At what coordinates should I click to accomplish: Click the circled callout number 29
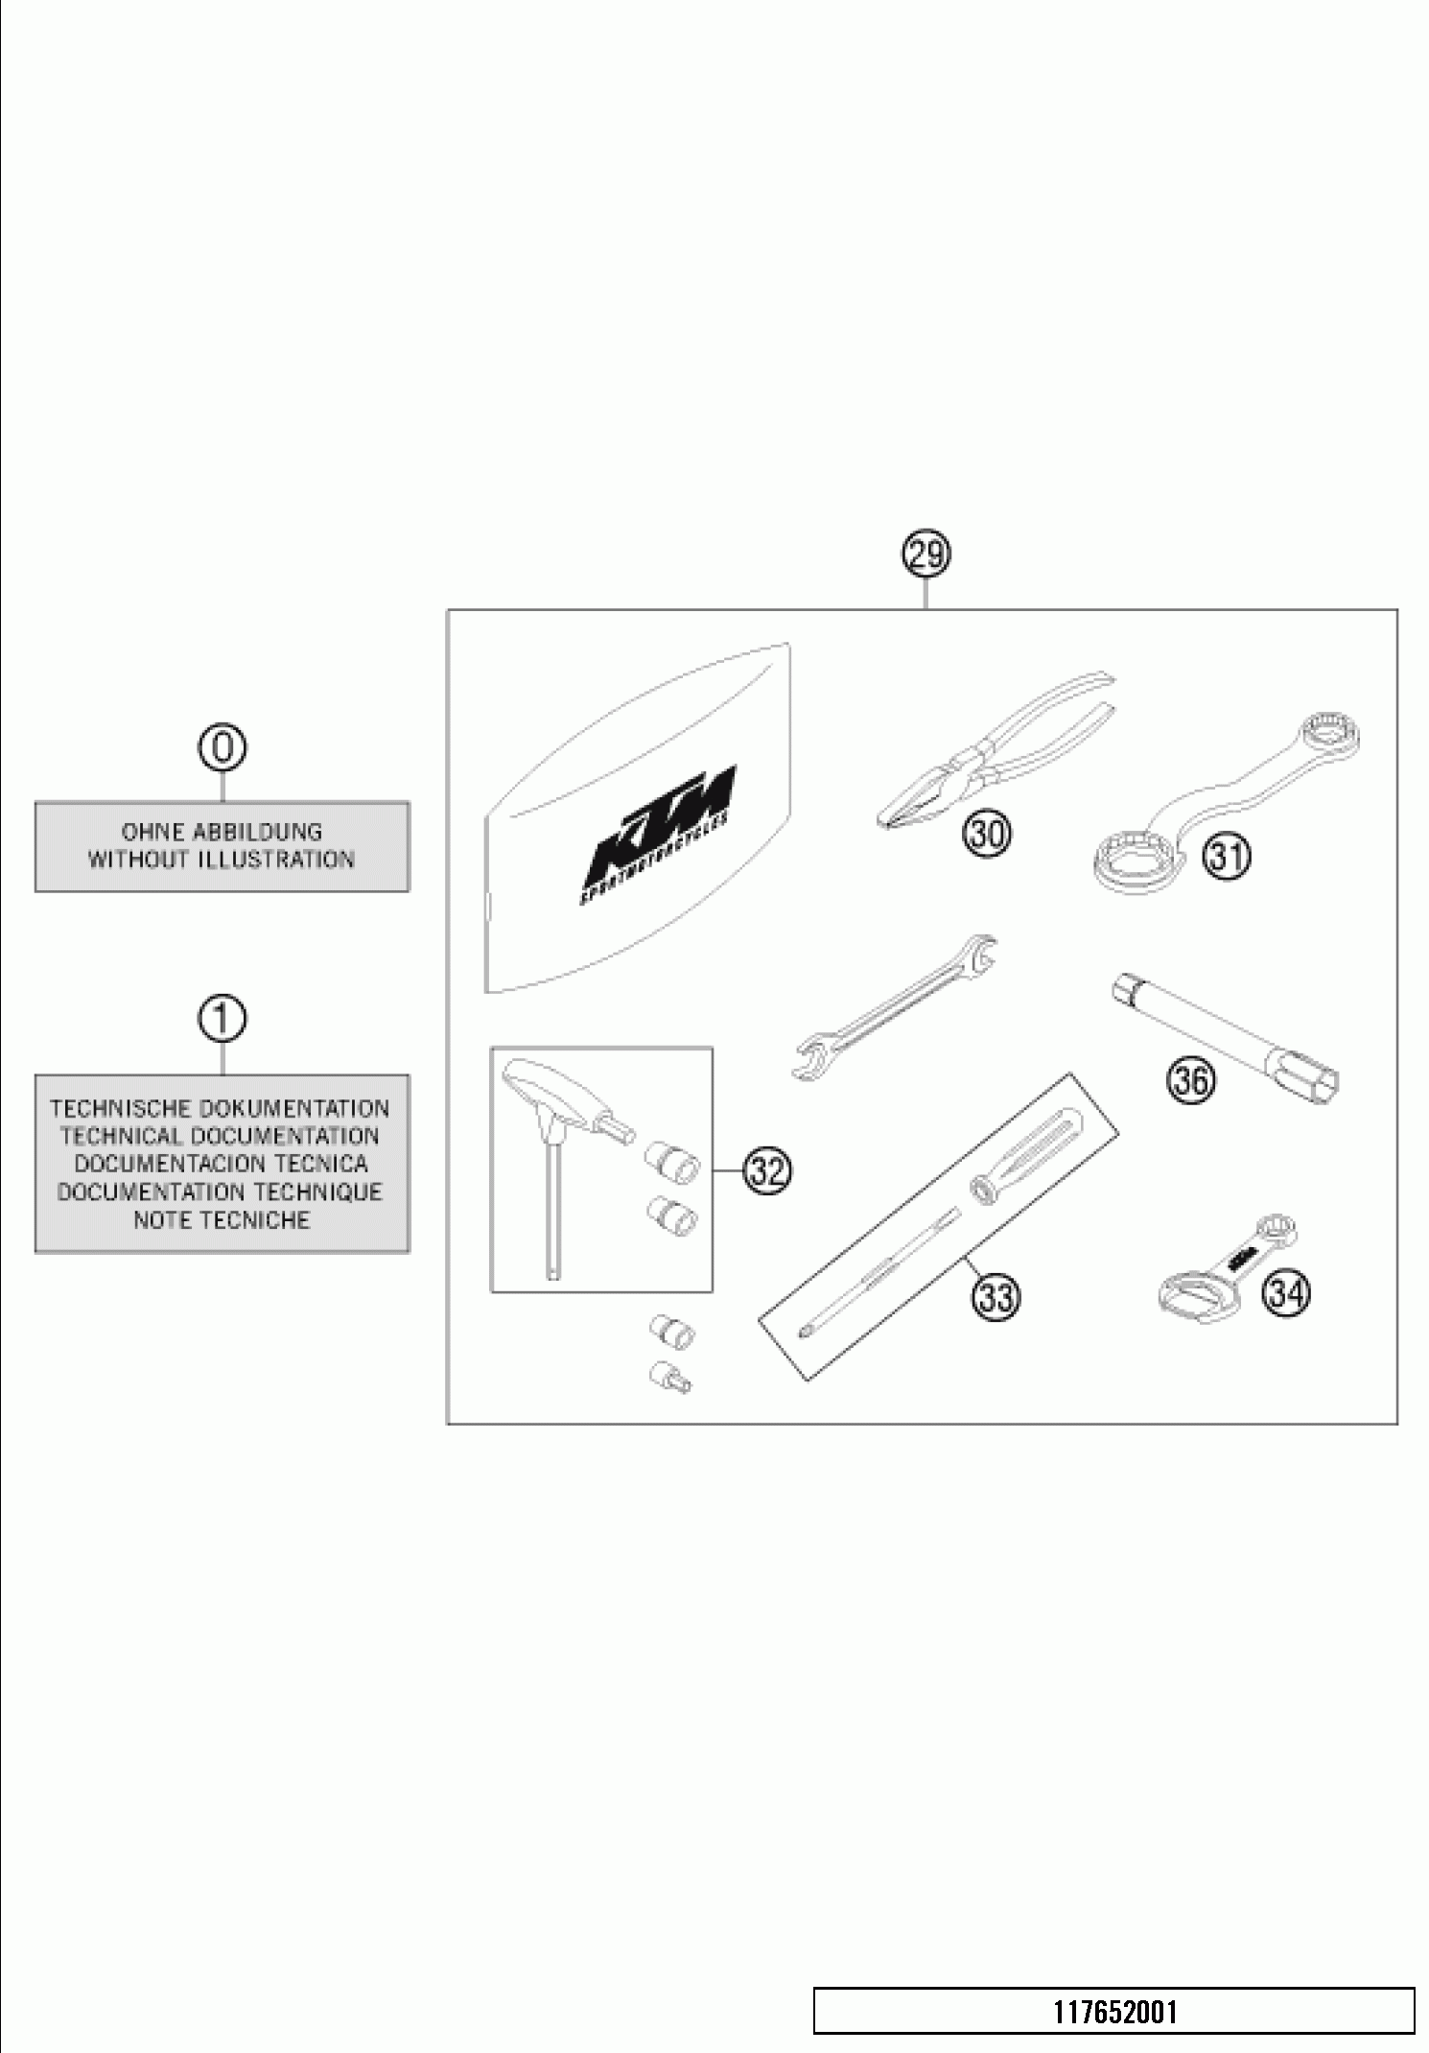[x=925, y=555]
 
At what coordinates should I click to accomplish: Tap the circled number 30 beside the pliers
[x=987, y=834]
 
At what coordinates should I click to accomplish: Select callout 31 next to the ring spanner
[x=1227, y=857]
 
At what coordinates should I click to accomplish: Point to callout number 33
[x=996, y=1297]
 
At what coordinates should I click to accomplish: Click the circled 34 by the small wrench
[x=1286, y=1294]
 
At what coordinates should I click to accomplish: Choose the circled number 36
[x=1190, y=1081]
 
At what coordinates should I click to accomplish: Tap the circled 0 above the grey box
[x=222, y=748]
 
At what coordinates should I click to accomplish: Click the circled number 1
[x=222, y=1019]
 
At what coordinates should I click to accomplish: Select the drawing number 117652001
[x=1115, y=2012]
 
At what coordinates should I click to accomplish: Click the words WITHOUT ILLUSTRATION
[x=222, y=860]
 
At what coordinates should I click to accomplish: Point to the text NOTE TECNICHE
[x=222, y=1220]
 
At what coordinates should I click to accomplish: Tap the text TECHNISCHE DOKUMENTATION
[x=221, y=1109]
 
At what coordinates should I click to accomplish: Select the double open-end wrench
[x=897, y=1007]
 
